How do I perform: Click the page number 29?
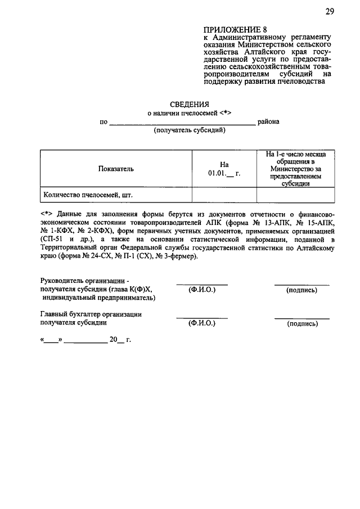[330, 12]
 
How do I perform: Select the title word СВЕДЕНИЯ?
[190, 103]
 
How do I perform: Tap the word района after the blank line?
[268, 121]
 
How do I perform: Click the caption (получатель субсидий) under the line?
[190, 130]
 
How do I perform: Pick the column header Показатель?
[116, 168]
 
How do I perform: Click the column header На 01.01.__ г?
[224, 168]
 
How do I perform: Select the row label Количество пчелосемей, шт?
[88, 195]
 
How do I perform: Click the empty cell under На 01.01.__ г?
[224, 195]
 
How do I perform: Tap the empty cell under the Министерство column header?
[295, 195]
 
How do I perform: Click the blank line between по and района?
[182, 122]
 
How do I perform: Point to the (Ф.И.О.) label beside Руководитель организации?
[202, 290]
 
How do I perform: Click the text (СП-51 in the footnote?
[52, 239]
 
